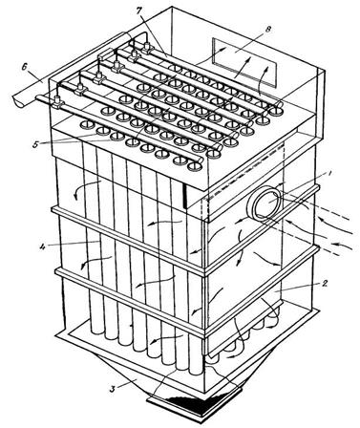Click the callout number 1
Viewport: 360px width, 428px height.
point(330,174)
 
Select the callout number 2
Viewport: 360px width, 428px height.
point(325,283)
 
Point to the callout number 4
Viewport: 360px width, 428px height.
point(42,246)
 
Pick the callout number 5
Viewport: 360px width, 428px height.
point(35,144)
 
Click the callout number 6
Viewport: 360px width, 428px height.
point(24,68)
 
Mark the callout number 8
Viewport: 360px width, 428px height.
point(268,30)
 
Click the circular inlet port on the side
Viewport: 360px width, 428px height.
point(265,204)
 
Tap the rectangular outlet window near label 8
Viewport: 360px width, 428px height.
point(244,62)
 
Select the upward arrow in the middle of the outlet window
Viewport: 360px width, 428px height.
point(241,68)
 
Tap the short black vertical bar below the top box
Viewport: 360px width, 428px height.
point(184,198)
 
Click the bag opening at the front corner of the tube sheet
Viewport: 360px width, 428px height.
point(195,166)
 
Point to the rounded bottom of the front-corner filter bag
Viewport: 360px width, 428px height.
point(194,370)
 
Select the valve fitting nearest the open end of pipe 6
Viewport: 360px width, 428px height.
point(58,102)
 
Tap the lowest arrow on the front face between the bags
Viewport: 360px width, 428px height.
point(167,339)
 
